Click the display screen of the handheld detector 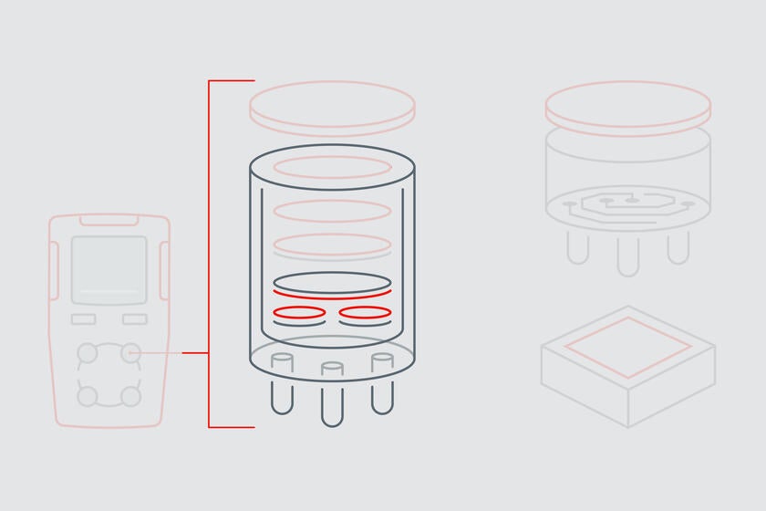pyautogui.click(x=109, y=269)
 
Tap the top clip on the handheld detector pyautogui.click(x=109, y=220)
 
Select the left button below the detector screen pyautogui.click(x=83, y=319)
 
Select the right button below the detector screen pyautogui.click(x=135, y=319)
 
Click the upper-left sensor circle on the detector pyautogui.click(x=88, y=352)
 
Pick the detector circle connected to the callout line pyautogui.click(x=131, y=352)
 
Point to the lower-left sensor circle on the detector pyautogui.click(x=88, y=396)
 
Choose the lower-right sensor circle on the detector pyautogui.click(x=131, y=396)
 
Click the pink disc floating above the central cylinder pyautogui.click(x=332, y=106)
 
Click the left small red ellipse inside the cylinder pyautogui.click(x=299, y=313)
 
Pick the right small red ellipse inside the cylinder pyautogui.click(x=365, y=313)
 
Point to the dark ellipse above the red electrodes pyautogui.click(x=332, y=280)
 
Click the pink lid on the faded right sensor pyautogui.click(x=627, y=103)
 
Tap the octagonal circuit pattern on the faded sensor pyautogui.click(x=627, y=202)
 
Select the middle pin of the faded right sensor pyautogui.click(x=627, y=255)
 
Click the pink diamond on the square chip pyautogui.click(x=627, y=348)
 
